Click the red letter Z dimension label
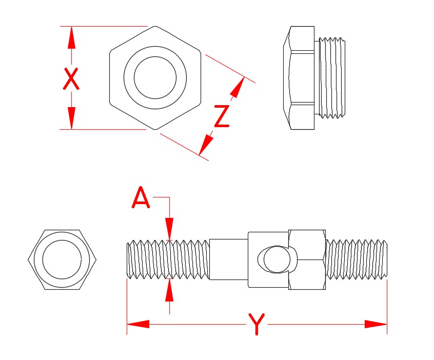tap(222, 116)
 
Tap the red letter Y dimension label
tap(256, 324)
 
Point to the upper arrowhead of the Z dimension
tap(237, 87)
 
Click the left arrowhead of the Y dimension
tap(138, 324)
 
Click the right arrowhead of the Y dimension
tap(376, 324)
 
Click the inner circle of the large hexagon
tap(155, 77)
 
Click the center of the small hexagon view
tap(62, 259)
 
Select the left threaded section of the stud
tap(168, 259)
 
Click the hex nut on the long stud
tap(307, 259)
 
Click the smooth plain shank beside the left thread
tap(229, 259)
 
